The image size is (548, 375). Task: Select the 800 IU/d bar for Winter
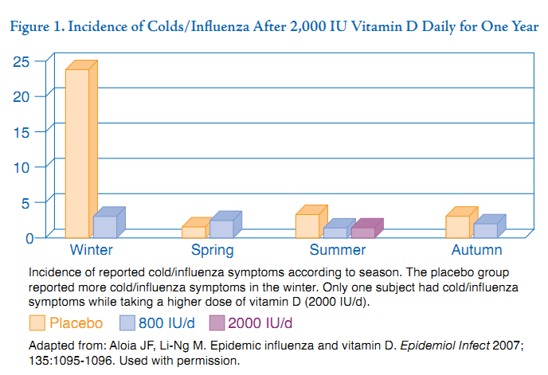104,226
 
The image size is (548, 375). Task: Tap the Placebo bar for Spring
193,232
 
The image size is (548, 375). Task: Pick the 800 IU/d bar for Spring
221,229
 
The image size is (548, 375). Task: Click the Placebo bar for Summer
307,225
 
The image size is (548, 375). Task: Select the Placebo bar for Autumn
457,226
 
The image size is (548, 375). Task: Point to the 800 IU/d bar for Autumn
485,229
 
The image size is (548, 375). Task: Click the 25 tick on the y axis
22,61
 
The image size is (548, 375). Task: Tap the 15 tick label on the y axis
22,129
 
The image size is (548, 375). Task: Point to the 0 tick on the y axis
29,236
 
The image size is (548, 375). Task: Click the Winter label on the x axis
91,251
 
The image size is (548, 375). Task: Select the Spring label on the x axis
212,251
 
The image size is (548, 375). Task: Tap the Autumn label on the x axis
476,251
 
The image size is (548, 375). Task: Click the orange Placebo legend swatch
37,322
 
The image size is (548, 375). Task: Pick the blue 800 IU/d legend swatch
127,322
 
